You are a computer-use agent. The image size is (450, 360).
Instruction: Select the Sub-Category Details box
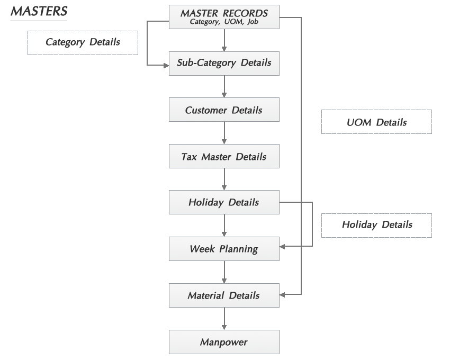pyautogui.click(x=224, y=63)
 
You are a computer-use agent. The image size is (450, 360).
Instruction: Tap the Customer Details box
pyautogui.click(x=224, y=111)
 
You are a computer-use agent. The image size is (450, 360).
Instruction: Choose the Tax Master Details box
pyautogui.click(x=224, y=157)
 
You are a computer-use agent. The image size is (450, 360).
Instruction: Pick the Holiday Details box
pyautogui.click(x=224, y=203)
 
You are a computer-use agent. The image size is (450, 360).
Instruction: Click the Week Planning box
pyautogui.click(x=224, y=249)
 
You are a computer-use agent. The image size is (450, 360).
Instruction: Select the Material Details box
pyautogui.click(x=224, y=295)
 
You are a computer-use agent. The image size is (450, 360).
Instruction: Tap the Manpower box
pyautogui.click(x=224, y=342)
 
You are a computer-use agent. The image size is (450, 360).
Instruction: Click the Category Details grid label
pyautogui.click(x=83, y=42)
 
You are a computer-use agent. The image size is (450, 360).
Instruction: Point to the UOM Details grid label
pyautogui.click(x=376, y=122)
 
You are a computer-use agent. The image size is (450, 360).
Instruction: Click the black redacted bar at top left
pyautogui.click(x=39, y=14)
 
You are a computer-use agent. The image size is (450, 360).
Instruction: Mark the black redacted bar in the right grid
pyautogui.click(x=376, y=225)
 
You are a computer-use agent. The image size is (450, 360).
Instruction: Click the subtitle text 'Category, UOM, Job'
pyautogui.click(x=224, y=22)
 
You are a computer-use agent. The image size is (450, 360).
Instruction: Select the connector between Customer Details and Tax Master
pyautogui.click(x=224, y=133)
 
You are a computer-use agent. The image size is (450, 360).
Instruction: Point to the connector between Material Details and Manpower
pyautogui.click(x=224, y=319)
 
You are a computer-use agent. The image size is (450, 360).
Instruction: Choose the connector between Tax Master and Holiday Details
pyautogui.click(x=224, y=180)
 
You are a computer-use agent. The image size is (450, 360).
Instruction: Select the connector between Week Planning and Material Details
pyautogui.click(x=224, y=272)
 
